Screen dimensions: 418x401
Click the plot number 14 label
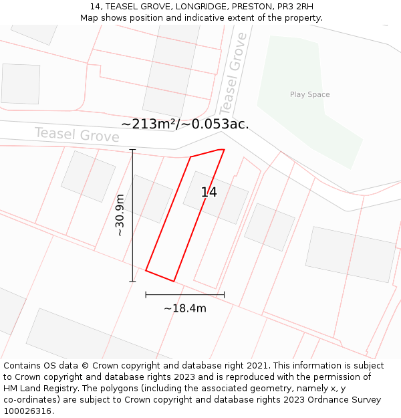(x=209, y=193)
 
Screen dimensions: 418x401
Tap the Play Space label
(x=309, y=94)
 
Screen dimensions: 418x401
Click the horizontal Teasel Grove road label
(x=77, y=134)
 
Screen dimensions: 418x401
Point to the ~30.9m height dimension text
(x=120, y=215)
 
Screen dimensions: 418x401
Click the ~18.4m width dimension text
(x=185, y=308)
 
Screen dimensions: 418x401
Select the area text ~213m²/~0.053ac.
(x=185, y=124)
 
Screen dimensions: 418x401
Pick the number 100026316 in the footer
(x=25, y=411)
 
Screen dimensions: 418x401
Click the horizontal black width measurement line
(x=185, y=294)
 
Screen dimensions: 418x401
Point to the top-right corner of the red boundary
(x=224, y=149)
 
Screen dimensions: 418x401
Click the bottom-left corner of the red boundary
(x=146, y=271)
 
